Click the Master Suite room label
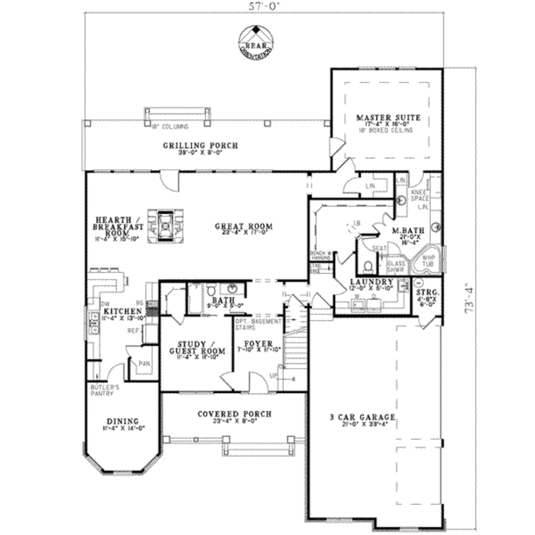[x=388, y=118]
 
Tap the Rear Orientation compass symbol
[x=257, y=41]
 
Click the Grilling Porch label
[x=200, y=146]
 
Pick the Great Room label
[x=243, y=226]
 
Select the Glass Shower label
[x=396, y=267]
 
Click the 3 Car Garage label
[x=362, y=417]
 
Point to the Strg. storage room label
[x=426, y=294]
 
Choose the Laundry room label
[x=371, y=282]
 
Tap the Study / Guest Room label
[x=196, y=347]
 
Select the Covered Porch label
[x=234, y=414]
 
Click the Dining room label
[x=122, y=421]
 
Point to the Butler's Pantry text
[x=105, y=390]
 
